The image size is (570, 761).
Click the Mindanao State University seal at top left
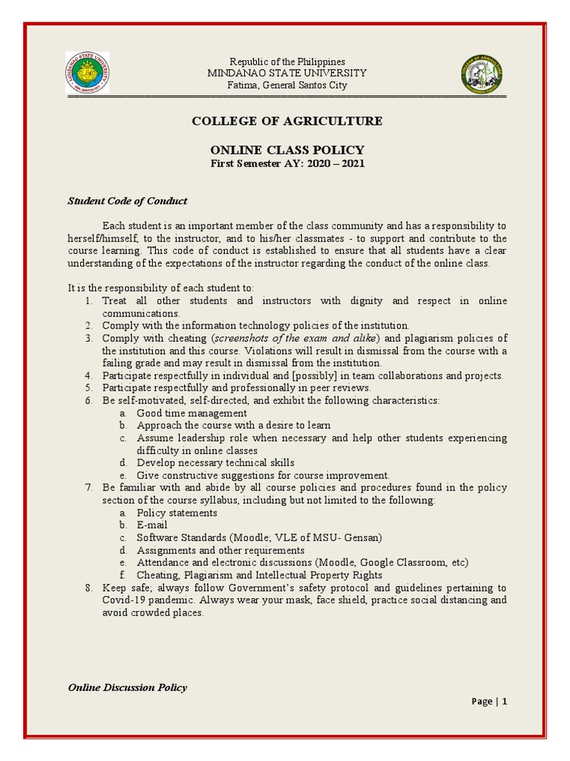[x=88, y=73]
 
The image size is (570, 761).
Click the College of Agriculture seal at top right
[x=482, y=73]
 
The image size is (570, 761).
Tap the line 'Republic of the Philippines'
[x=287, y=61]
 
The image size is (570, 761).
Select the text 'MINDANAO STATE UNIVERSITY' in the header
[x=287, y=73]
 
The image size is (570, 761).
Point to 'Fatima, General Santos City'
[x=287, y=85]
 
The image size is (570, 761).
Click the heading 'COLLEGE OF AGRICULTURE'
[x=287, y=121]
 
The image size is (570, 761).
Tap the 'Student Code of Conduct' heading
[x=128, y=201]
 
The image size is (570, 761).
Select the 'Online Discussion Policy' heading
[x=128, y=687]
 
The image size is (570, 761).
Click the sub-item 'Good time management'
[x=191, y=413]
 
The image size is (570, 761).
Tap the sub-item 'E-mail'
[x=152, y=525]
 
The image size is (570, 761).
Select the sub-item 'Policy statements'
[x=177, y=513]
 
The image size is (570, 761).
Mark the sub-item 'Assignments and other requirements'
[x=220, y=550]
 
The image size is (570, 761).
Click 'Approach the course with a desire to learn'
[x=234, y=426]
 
